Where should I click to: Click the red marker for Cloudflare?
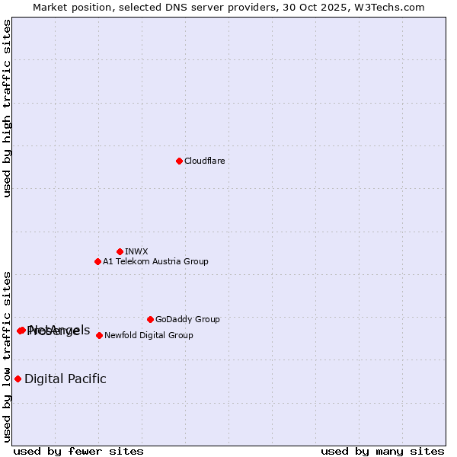(179, 161)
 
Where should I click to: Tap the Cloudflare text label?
(204, 161)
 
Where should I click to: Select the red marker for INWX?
(120, 251)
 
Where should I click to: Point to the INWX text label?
(136, 251)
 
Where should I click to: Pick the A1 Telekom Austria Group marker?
(97, 261)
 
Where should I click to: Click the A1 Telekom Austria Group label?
(155, 261)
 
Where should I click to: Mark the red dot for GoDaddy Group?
(150, 319)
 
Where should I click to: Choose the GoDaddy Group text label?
(187, 319)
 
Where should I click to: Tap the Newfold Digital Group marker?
(99, 335)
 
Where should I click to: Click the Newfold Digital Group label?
(149, 335)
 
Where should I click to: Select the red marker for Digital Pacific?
(18, 379)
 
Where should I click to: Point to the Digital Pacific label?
(66, 379)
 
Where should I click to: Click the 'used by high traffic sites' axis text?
(7, 108)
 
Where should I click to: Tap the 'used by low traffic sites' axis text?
(7, 356)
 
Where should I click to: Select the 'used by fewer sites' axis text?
(78, 451)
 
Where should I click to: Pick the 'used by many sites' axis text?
(382, 451)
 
